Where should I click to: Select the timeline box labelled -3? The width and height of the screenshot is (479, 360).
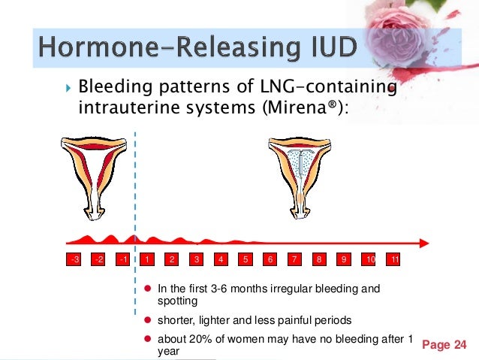click(74, 259)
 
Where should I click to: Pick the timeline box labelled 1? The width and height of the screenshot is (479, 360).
click(147, 259)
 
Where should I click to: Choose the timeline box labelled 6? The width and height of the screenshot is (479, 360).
click(270, 259)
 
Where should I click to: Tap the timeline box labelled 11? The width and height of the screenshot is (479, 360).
click(393, 259)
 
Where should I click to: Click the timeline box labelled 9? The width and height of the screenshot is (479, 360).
click(344, 259)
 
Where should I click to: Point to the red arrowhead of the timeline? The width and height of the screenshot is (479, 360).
click(423, 243)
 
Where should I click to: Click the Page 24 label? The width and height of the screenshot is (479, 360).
click(444, 345)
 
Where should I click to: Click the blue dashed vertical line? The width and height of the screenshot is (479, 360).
click(135, 188)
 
